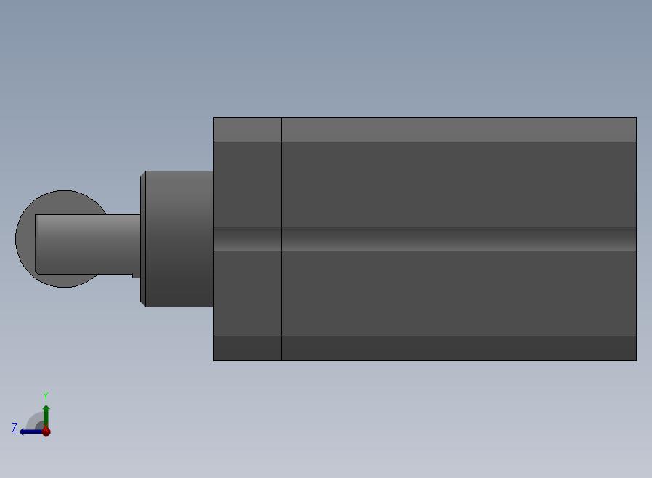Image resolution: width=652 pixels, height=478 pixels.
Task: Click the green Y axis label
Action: tap(46, 396)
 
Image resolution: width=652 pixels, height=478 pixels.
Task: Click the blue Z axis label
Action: tap(15, 428)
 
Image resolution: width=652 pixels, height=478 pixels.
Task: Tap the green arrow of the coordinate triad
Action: tap(46, 416)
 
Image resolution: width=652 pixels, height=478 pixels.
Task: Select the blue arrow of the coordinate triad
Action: tap(30, 432)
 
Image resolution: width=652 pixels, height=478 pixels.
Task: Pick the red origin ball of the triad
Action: tap(46, 432)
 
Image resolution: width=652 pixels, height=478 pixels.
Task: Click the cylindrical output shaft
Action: tap(89, 244)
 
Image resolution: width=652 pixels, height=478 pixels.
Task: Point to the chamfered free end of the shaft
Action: tap(36, 244)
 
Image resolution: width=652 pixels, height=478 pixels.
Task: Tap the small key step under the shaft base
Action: tap(136, 276)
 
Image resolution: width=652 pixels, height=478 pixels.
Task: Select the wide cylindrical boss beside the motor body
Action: tap(179, 239)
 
